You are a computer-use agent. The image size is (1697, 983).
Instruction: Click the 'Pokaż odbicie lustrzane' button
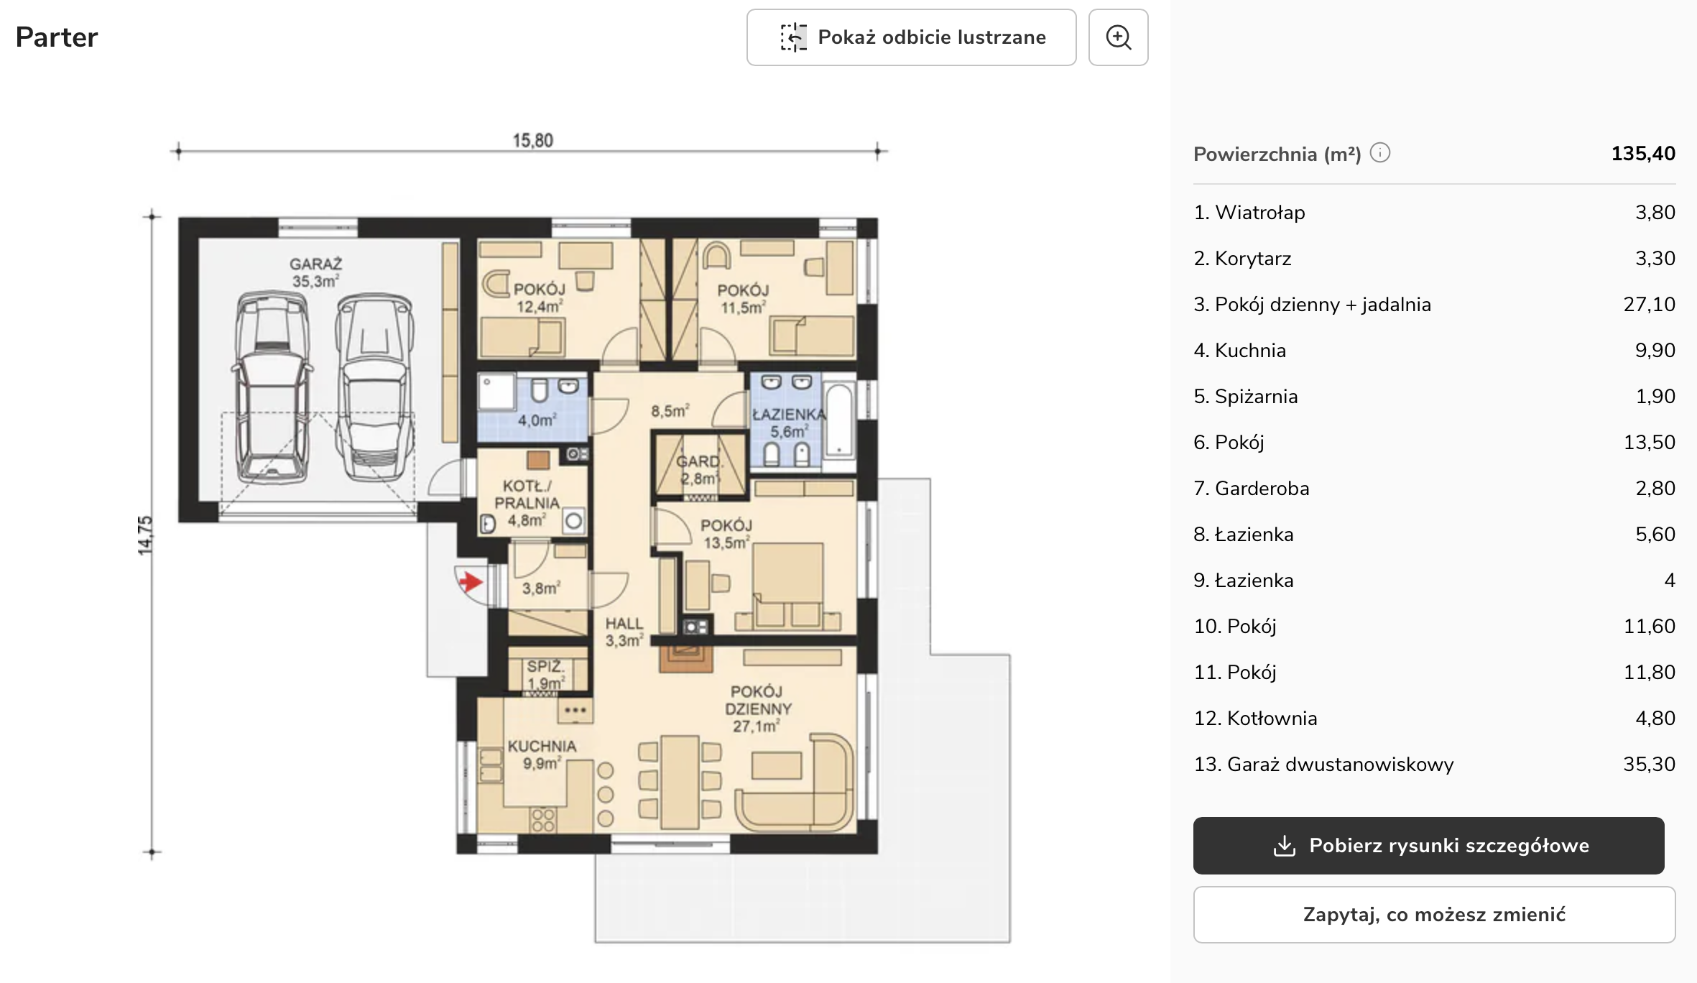tap(911, 37)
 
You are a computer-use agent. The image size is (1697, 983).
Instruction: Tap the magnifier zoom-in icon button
tap(1118, 37)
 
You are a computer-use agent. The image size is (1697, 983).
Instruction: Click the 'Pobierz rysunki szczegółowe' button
tap(1428, 846)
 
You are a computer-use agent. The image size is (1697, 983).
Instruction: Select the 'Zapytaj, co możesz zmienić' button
tap(1434, 915)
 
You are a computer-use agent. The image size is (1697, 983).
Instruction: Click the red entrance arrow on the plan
tap(471, 581)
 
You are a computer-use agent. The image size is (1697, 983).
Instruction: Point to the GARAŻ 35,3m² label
tap(316, 273)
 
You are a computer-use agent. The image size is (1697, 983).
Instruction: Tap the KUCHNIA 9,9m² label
tap(542, 754)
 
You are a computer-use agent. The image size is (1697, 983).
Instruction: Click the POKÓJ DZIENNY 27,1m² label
tap(757, 709)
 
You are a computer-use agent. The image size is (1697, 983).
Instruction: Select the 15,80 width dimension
tap(532, 140)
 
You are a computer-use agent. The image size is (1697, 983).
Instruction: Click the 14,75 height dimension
tap(145, 535)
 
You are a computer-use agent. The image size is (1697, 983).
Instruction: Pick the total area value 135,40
tap(1643, 153)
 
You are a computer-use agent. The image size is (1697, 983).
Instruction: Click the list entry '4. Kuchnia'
tap(1240, 351)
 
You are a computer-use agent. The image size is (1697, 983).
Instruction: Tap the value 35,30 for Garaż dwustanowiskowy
tap(1649, 765)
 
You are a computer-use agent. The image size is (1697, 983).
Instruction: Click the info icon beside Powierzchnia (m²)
tap(1380, 153)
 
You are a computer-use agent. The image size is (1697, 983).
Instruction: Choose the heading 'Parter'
tap(57, 37)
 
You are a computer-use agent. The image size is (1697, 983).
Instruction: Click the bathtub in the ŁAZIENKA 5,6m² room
tap(838, 420)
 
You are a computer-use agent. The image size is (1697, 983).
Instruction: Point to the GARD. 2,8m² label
tap(699, 470)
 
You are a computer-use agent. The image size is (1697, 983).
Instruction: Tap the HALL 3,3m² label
tap(624, 632)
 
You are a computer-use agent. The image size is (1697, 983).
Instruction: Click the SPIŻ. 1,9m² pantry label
tap(546, 675)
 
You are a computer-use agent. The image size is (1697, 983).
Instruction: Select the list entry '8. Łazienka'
tap(1244, 535)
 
